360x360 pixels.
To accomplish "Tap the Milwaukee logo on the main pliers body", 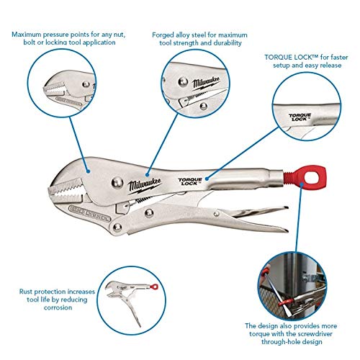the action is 145,185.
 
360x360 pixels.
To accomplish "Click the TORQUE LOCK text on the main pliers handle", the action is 190,181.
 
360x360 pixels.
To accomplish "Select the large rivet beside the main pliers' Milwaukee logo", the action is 117,183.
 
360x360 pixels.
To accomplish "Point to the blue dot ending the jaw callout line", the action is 89,171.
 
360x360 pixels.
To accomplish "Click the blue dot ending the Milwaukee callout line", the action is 148,175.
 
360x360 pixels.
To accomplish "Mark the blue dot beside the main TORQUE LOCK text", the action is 207,179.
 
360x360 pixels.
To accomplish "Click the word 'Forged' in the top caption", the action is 163,35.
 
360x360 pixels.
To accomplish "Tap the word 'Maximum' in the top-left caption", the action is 27,35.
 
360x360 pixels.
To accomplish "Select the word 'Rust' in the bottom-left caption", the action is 25,292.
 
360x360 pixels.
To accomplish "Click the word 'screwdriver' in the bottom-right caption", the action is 312,334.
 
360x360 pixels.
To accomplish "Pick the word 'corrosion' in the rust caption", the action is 58,307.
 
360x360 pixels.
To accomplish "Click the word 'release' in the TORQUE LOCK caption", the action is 329,66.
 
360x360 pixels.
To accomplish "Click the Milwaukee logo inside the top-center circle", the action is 206,83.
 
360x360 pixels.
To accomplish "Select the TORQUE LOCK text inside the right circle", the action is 300,117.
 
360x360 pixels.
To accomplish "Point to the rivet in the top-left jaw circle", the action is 86,84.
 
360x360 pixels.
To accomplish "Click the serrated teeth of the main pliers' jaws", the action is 66,191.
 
